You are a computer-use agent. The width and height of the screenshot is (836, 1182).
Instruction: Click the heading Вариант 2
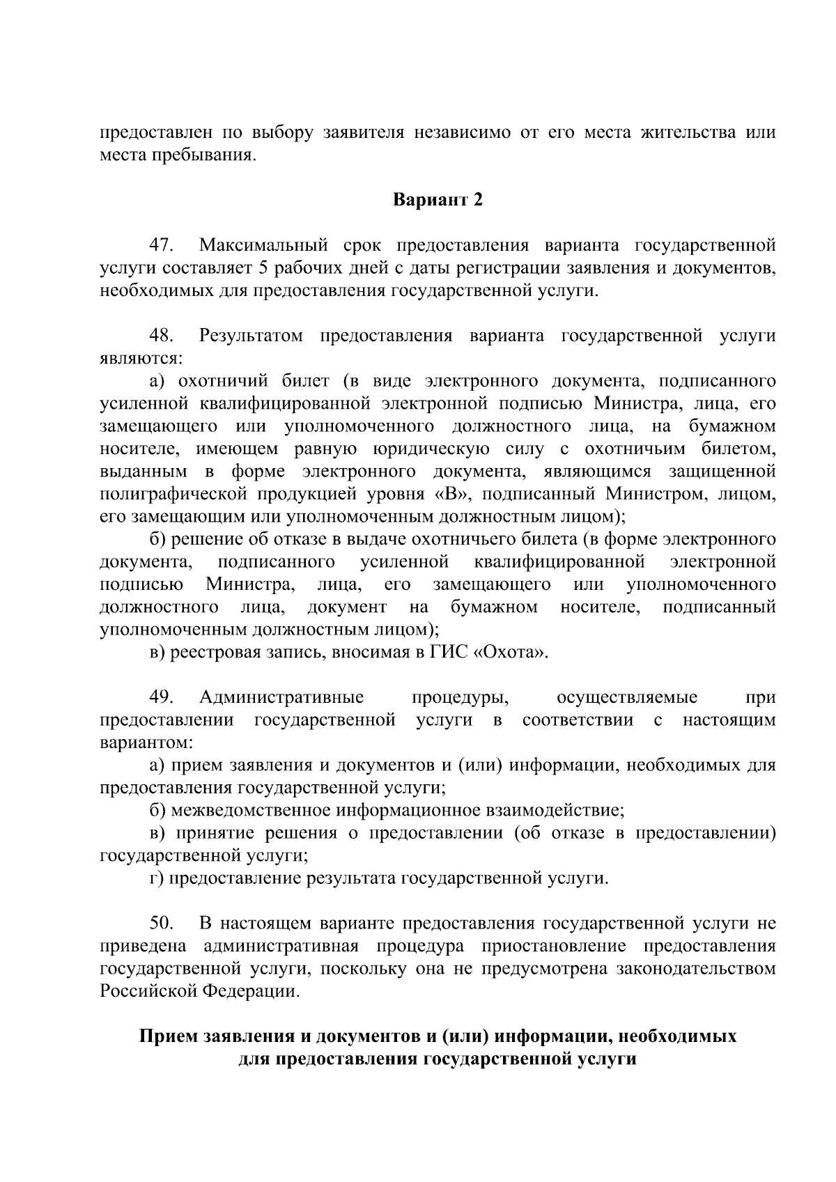tap(438, 200)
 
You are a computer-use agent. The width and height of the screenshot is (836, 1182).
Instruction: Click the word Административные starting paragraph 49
tap(281, 697)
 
